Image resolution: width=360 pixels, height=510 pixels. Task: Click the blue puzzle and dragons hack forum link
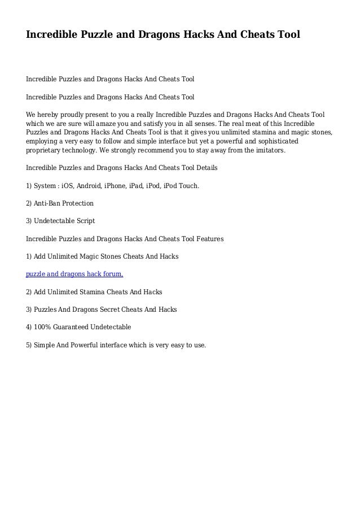[75, 274]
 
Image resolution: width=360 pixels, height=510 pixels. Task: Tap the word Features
[209, 239]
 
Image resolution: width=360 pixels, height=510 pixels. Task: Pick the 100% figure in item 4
[43, 327]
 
